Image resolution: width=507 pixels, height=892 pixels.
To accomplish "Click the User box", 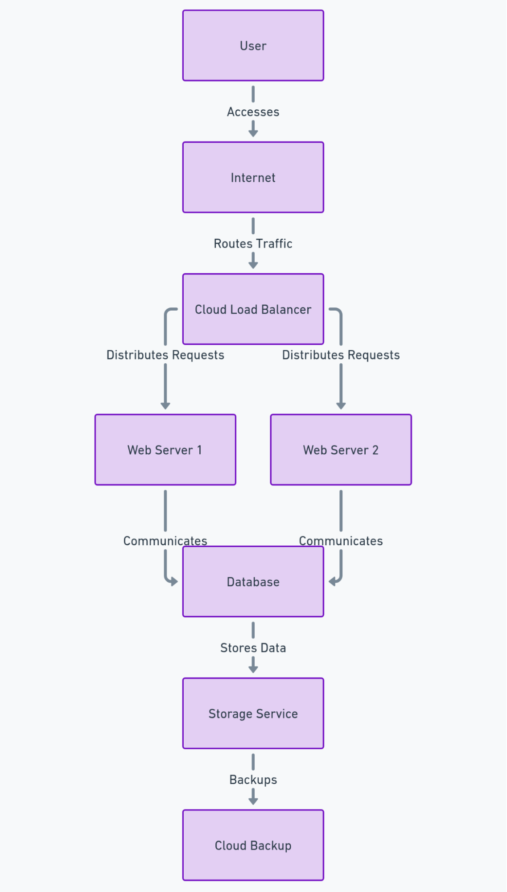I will tap(253, 46).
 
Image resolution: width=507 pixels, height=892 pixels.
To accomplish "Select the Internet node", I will tap(253, 177).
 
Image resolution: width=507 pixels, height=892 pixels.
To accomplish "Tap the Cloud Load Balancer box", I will tap(253, 309).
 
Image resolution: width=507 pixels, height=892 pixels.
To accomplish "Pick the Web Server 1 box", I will tap(165, 449).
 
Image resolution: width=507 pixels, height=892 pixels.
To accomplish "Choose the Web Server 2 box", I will tap(341, 449).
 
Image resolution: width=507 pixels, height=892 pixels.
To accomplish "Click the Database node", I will tap(253, 581).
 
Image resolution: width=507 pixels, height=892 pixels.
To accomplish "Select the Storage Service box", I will tap(253, 713).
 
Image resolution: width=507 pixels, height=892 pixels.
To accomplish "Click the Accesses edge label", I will tap(253, 112).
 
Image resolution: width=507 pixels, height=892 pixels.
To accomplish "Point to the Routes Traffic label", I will tap(253, 243).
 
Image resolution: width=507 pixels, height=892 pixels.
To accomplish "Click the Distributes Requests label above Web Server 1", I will tap(165, 355).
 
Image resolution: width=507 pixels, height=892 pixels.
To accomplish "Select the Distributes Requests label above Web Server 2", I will tap(341, 355).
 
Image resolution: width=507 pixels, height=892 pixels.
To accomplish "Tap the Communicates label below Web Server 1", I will tap(165, 540).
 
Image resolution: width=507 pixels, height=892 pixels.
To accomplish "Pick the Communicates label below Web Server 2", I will tap(341, 540).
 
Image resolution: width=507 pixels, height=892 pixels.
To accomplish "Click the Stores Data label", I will tap(253, 647).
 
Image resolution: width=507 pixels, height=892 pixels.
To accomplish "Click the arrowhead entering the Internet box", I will tap(253, 133).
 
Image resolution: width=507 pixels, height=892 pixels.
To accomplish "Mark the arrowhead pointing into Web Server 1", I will tap(165, 406).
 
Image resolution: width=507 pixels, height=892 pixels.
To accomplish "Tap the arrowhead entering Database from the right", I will tap(332, 581).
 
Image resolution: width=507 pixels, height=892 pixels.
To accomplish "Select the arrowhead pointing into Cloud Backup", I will tap(253, 801).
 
